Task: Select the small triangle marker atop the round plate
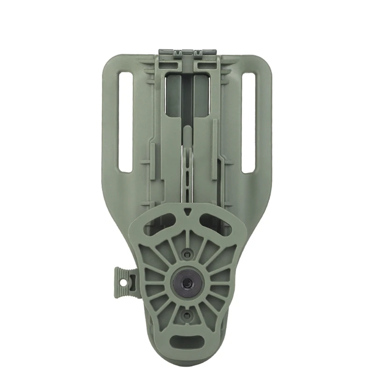pos(187,211)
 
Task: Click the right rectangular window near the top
pos(201,96)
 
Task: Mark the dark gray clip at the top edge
pos(187,52)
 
